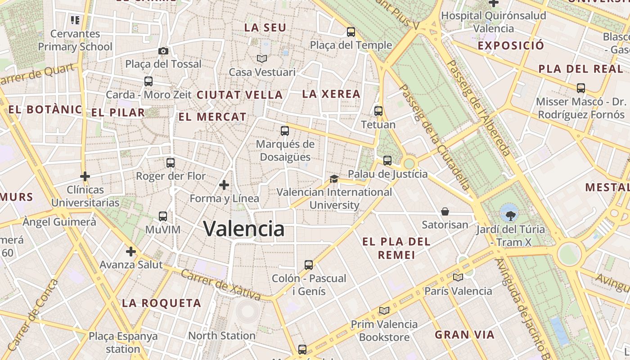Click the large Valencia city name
(244, 229)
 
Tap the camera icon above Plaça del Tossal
(163, 51)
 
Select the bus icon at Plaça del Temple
(351, 32)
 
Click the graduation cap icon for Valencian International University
(333, 179)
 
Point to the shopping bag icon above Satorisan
(445, 211)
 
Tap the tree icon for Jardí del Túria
(509, 215)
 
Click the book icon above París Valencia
(458, 277)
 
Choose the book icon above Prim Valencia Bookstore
(384, 310)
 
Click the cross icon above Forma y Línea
(224, 185)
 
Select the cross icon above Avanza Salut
(131, 251)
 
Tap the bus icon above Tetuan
(378, 111)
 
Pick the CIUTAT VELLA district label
(240, 95)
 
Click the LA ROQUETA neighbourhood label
(162, 303)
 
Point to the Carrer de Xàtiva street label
(220, 284)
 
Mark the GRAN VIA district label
(465, 335)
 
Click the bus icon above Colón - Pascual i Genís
(309, 265)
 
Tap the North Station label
(222, 336)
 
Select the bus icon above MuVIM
(163, 216)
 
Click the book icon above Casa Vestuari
(262, 58)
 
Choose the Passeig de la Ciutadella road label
(434, 137)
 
